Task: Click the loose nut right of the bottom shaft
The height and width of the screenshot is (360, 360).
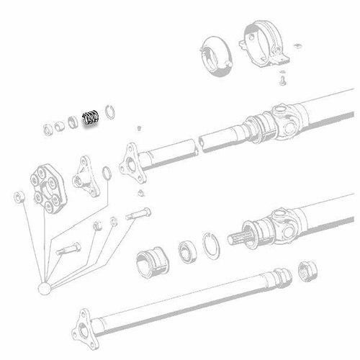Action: [x=305, y=268]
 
